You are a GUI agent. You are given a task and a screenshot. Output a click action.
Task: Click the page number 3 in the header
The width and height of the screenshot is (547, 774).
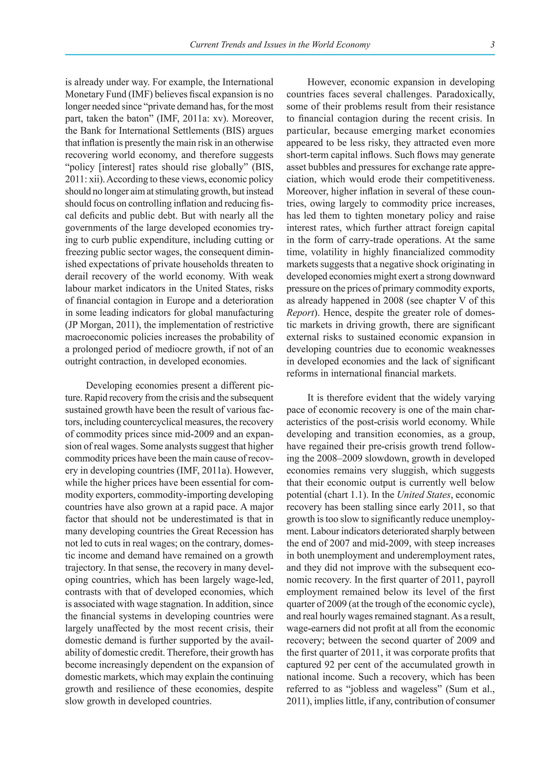(x=493, y=44)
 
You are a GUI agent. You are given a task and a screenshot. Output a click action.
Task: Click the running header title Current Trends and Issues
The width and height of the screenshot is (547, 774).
(x=280, y=44)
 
